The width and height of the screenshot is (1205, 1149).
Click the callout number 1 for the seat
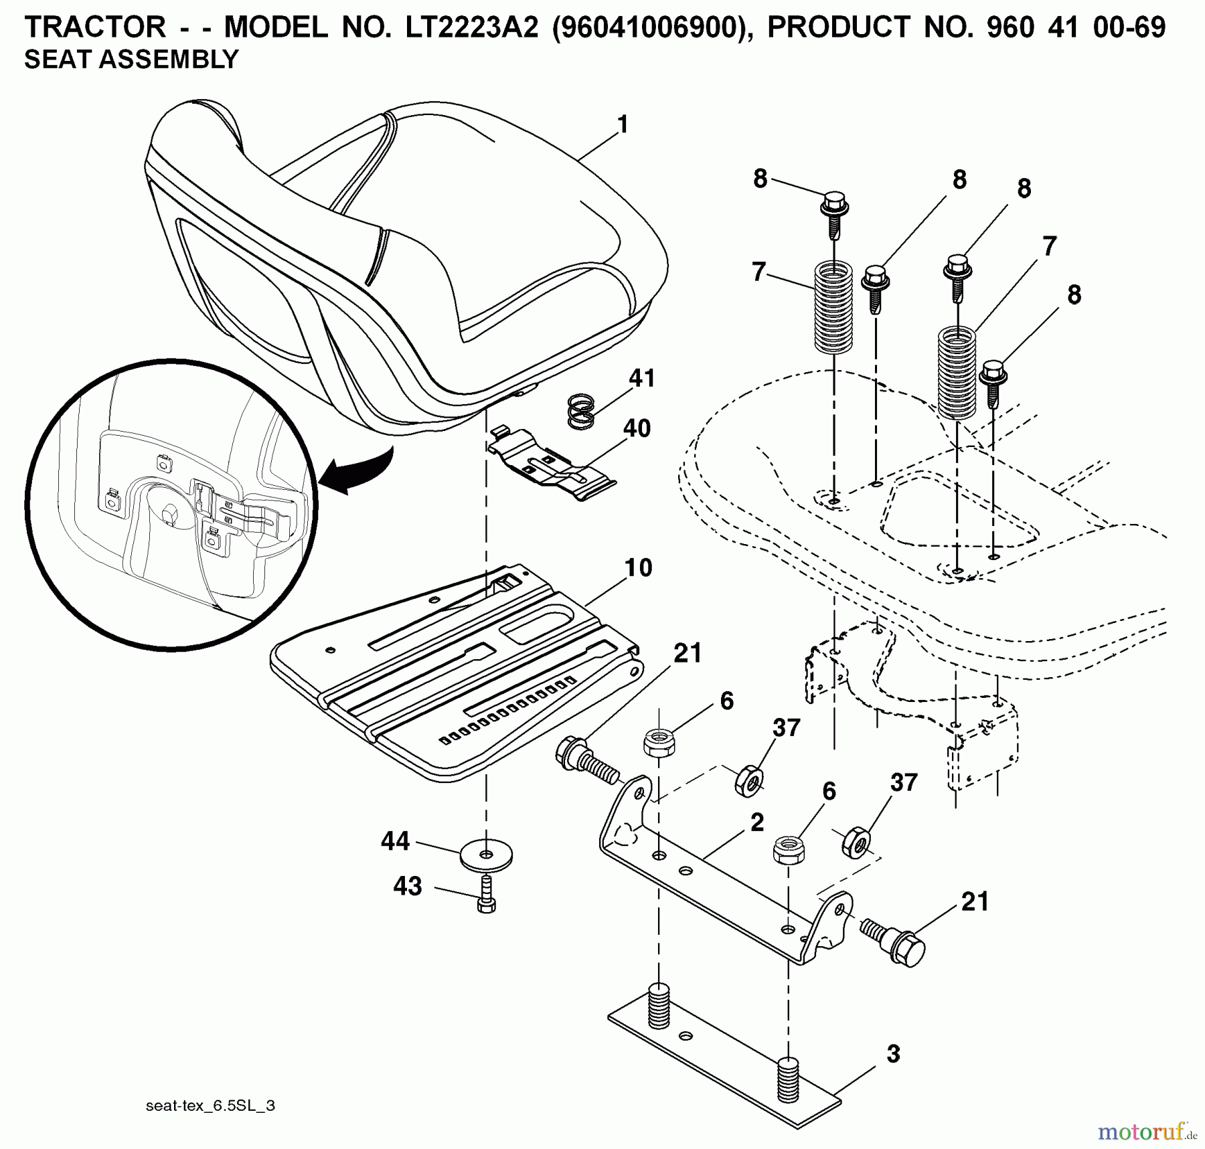point(623,125)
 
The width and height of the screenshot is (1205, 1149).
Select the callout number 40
point(637,428)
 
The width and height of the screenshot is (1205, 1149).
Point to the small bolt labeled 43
point(487,895)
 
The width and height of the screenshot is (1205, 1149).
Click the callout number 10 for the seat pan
point(638,567)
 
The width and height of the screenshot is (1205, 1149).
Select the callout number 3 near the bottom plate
point(893,1055)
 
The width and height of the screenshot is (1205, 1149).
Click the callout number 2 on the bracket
point(757,822)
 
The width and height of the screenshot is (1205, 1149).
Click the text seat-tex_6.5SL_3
point(210,1106)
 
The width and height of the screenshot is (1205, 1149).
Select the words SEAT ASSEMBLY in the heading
point(131,60)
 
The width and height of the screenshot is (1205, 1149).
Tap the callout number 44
point(395,841)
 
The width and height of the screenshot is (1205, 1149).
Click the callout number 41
point(641,378)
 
